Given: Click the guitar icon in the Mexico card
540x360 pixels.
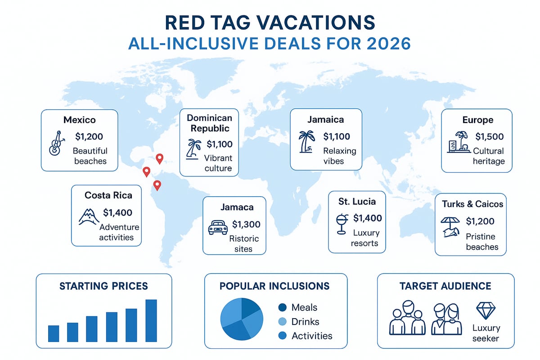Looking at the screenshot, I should point(55,143).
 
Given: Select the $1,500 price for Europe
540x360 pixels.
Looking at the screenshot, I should point(490,136).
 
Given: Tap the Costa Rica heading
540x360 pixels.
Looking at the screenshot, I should point(108,195).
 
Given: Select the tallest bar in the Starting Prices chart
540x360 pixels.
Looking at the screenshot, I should point(151,320).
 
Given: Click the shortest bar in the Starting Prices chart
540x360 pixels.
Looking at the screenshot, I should point(54,333).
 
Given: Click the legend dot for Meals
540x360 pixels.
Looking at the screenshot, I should point(283,308).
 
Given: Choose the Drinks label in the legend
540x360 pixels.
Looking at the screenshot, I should point(305,322).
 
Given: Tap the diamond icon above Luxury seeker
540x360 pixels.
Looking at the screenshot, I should point(486,310).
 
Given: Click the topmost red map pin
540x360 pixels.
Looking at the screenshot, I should point(159,158).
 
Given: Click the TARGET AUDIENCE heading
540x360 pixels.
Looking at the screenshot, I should point(445,286).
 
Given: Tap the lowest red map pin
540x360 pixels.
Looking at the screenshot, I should point(157,184).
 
